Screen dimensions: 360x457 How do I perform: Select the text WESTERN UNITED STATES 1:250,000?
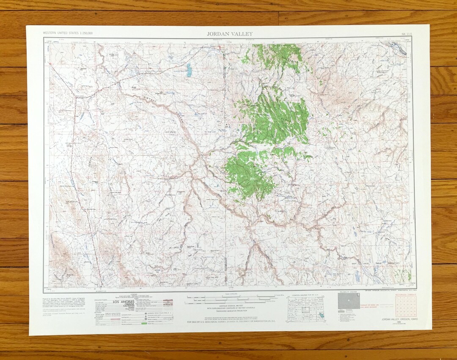tap(68, 33)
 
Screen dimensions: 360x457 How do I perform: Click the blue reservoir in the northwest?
tap(189, 69)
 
